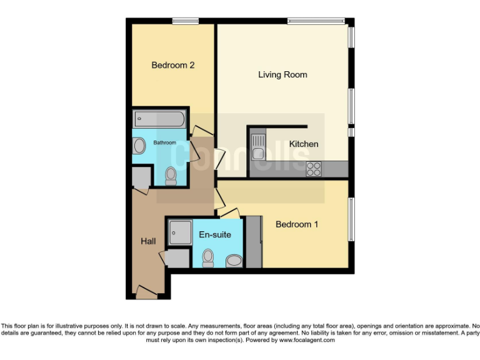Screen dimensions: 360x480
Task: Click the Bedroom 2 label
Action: coord(173,65)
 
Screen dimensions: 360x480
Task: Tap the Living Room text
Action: coord(282,74)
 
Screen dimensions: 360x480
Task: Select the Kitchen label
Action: coord(303,144)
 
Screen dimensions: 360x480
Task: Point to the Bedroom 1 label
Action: coord(297,224)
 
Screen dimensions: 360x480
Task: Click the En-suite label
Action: coord(215,235)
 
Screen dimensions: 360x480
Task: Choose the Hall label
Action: coord(148,242)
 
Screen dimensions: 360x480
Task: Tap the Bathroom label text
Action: coord(165,143)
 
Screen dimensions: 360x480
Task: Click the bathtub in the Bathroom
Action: coord(159,119)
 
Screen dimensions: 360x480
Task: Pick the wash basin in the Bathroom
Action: coord(139,146)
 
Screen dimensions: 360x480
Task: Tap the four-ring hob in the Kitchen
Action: coord(314,168)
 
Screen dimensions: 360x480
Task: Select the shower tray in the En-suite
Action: coord(179,232)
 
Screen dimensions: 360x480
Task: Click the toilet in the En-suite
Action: coord(208,257)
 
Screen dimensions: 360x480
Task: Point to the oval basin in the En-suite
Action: coord(234,261)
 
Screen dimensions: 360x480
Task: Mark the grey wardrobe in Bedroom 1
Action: coord(254,241)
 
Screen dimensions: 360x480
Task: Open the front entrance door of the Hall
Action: coord(146,291)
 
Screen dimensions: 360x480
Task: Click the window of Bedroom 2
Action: coord(186,21)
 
